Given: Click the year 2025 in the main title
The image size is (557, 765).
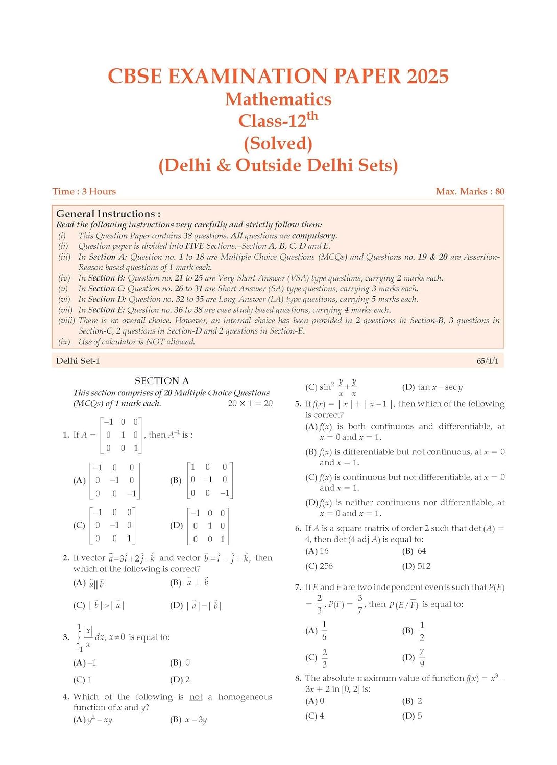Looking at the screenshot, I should pyautogui.click(x=427, y=76).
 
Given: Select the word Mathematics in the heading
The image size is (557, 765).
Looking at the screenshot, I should pyautogui.click(x=278, y=99).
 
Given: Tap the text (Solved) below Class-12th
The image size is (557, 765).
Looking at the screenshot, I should pyautogui.click(x=278, y=143).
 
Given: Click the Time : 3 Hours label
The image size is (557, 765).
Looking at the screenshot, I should pyautogui.click(x=84, y=192).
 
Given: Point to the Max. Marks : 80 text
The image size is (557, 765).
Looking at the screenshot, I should pyautogui.click(x=470, y=192).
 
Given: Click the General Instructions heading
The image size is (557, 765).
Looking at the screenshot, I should pyautogui.click(x=108, y=214).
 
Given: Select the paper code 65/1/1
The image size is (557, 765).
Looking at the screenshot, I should pyautogui.click(x=488, y=361).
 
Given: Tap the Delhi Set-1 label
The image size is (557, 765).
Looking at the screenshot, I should pyautogui.click(x=78, y=361).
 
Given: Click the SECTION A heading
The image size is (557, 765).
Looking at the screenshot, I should pyautogui.click(x=162, y=381).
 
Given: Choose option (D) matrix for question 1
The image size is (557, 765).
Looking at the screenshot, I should pyautogui.click(x=208, y=526).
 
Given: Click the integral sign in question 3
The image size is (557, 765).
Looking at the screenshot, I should pyautogui.click(x=79, y=637).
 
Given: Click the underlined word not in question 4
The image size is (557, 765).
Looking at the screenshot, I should pyautogui.click(x=196, y=697).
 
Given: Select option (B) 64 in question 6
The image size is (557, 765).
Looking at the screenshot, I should pyautogui.click(x=414, y=551).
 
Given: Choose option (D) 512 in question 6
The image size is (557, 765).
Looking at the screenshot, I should pyautogui.click(x=416, y=566).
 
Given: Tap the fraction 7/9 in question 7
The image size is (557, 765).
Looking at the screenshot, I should pyautogui.click(x=422, y=657).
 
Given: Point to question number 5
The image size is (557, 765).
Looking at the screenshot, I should pyautogui.click(x=298, y=404).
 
